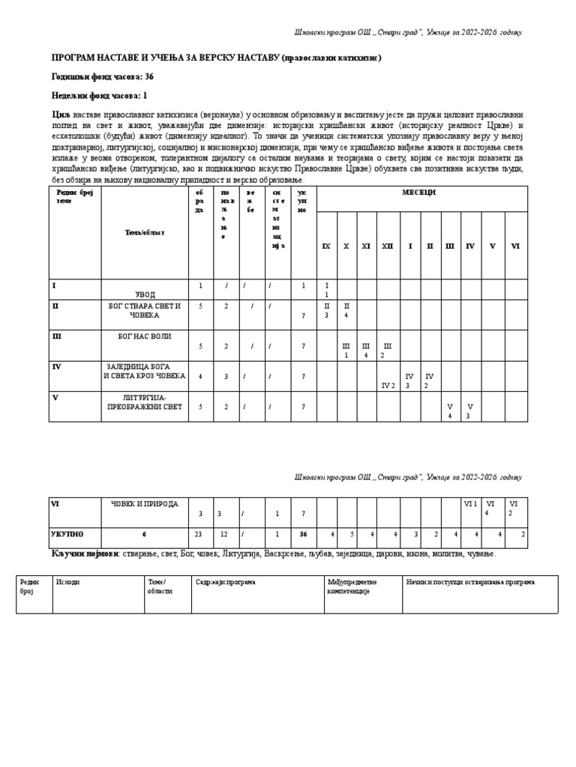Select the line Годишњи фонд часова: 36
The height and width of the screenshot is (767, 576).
(x=102, y=76)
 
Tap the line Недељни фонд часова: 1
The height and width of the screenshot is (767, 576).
(x=99, y=96)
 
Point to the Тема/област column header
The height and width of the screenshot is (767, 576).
(x=145, y=232)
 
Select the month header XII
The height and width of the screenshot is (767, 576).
(x=387, y=246)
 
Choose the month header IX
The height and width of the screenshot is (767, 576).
(x=325, y=246)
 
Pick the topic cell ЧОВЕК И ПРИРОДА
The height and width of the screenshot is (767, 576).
(x=145, y=504)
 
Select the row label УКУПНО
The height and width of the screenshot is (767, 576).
(x=67, y=535)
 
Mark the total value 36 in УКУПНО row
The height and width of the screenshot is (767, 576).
(x=303, y=535)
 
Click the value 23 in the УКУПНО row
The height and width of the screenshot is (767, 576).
(x=199, y=535)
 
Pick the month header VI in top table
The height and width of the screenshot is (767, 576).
(x=515, y=246)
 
